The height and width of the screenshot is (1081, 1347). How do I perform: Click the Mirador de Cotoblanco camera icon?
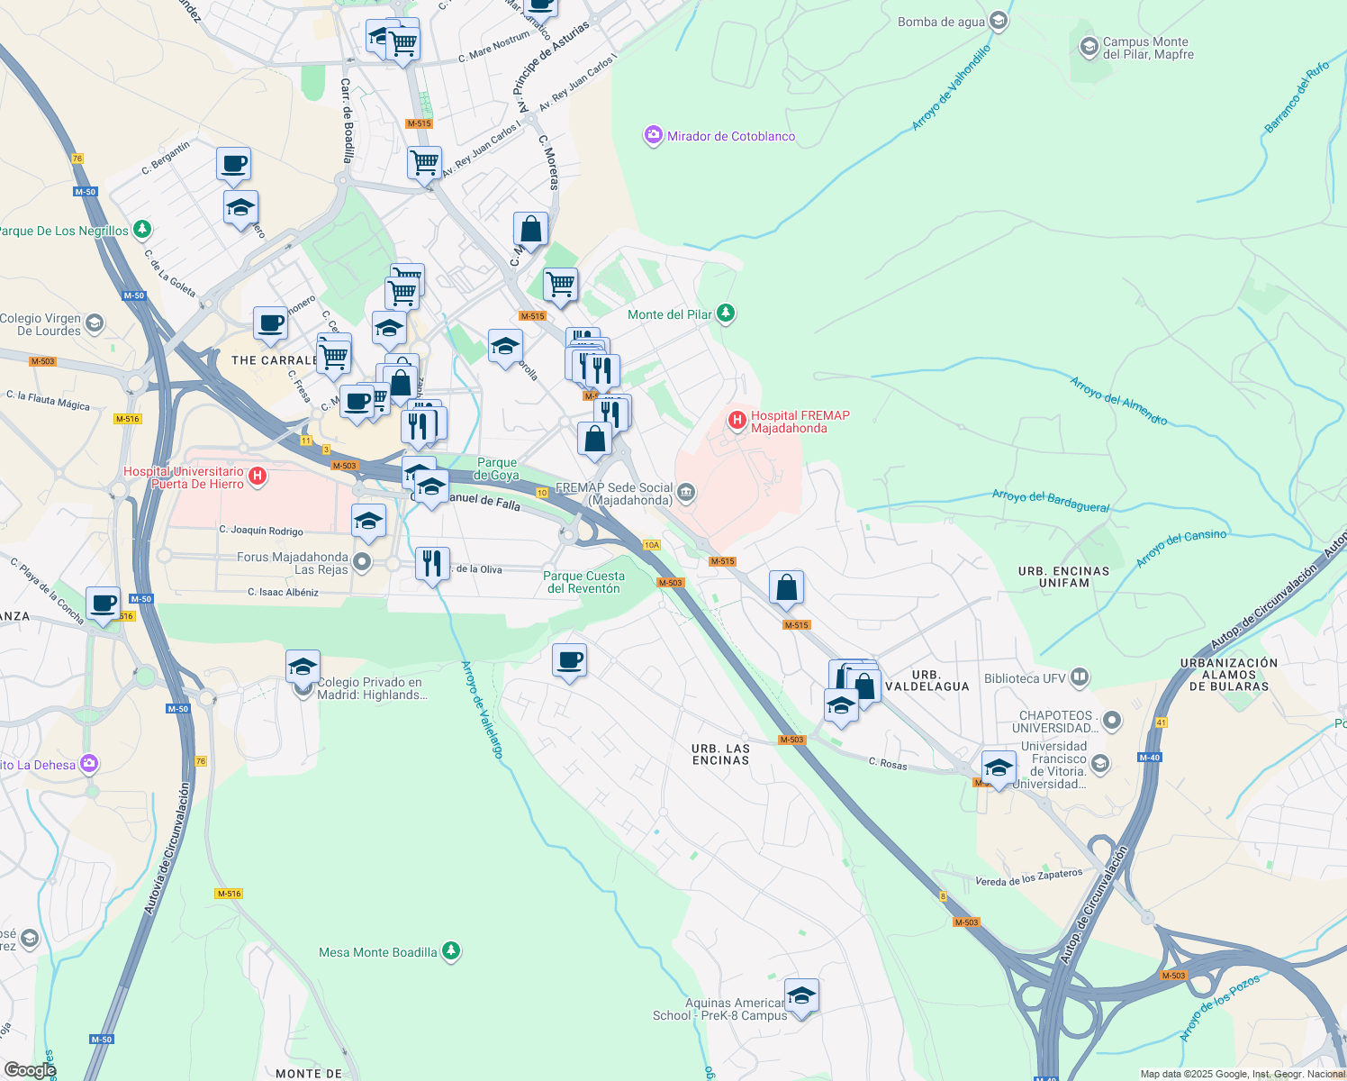point(653,136)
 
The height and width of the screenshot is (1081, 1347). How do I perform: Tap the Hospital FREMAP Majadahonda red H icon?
point(737,420)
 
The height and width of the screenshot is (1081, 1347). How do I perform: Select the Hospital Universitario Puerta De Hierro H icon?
point(258,476)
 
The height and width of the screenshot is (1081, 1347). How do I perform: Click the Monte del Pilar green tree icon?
point(726,313)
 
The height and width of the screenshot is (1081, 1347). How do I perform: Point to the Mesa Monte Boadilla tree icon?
point(451,951)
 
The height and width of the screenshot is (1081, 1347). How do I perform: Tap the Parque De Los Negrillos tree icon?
point(142,230)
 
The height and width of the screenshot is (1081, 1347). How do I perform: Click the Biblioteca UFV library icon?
point(1080,677)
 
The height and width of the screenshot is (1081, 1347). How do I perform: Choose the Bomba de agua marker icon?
point(998,21)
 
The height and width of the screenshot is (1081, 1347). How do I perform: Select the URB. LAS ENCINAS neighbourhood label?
point(720,754)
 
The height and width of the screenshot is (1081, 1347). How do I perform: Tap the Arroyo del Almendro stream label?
point(1118,400)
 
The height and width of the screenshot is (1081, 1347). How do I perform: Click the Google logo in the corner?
point(30,1069)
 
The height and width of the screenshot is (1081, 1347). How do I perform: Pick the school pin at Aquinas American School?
point(801,995)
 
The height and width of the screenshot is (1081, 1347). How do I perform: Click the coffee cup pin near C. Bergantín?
point(234,165)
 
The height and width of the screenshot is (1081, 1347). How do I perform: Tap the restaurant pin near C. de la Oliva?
point(432,563)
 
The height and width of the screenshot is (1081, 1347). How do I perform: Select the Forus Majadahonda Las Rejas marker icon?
point(362,563)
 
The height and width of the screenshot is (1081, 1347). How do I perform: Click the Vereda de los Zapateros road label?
point(1028,877)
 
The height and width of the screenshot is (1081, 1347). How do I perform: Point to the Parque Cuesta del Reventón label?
point(583,582)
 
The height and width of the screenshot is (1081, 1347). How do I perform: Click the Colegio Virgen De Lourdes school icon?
point(95,323)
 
